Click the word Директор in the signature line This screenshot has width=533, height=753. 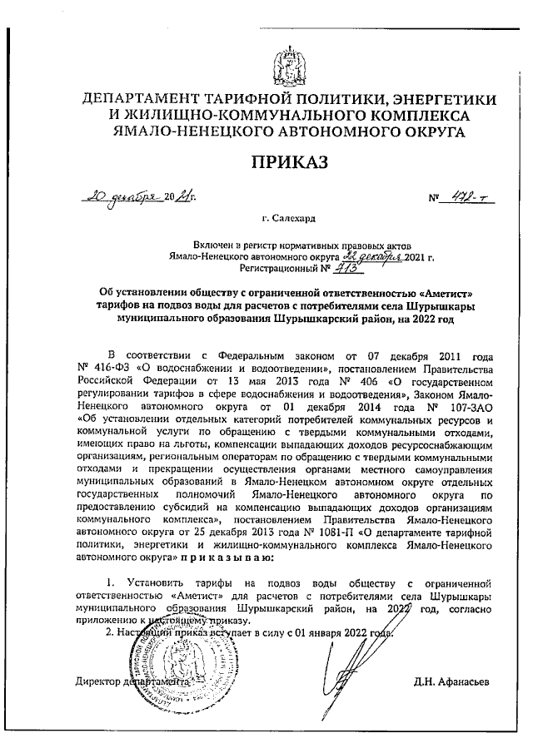[x=100, y=682]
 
